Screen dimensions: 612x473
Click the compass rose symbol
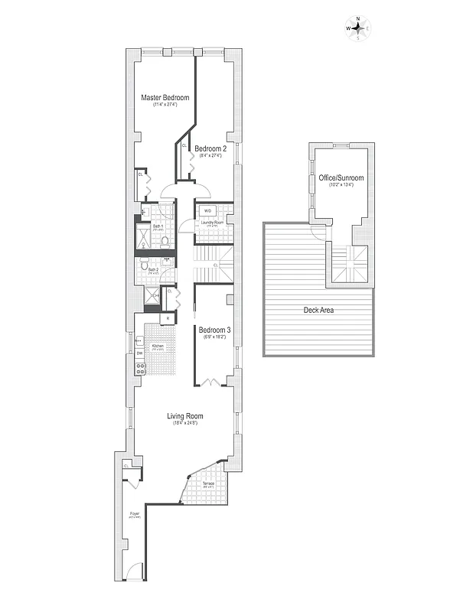[357, 28]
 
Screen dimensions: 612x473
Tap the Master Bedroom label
[165, 98]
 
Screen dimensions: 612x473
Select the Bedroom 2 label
[210, 148]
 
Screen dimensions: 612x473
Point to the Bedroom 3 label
[215, 330]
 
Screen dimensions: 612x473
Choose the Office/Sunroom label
[341, 177]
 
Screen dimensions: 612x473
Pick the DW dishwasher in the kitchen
[139, 353]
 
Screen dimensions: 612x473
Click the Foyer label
[134, 513]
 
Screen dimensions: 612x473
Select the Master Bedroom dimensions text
[165, 106]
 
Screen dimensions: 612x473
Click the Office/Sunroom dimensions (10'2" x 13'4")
[341, 185]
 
